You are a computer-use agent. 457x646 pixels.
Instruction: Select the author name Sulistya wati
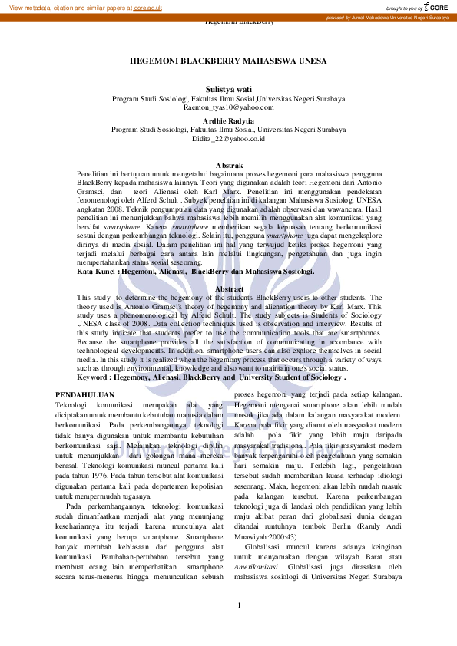pyautogui.click(x=228, y=90)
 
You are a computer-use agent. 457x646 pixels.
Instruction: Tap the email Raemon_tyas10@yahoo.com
pyautogui.click(x=228, y=107)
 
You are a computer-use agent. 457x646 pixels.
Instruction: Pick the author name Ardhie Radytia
pyautogui.click(x=228, y=121)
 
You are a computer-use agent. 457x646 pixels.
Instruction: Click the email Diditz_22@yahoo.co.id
pyautogui.click(x=228, y=139)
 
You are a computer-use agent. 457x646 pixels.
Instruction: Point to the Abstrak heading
pyautogui.click(x=228, y=166)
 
